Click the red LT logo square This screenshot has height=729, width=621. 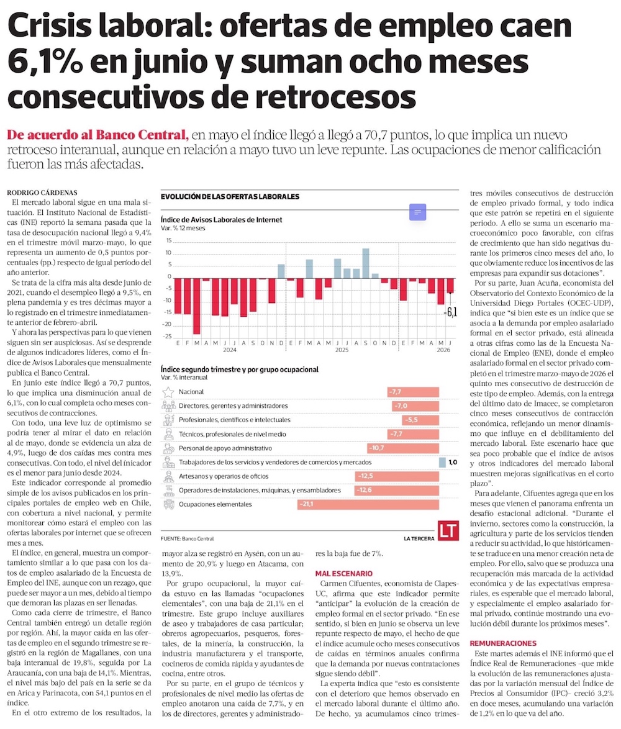pos(448,530)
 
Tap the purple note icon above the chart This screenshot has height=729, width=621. pos(417,212)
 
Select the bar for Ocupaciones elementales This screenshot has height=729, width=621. pos(368,504)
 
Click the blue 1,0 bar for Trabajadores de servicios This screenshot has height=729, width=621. pos(443,462)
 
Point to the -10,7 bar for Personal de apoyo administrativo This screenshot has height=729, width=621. pos(403,448)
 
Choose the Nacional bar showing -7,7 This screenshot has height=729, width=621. pos(413,392)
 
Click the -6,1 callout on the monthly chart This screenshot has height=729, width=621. pos(450,312)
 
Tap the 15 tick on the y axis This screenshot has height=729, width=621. pos(169,241)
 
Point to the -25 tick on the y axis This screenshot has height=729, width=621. pos(167,336)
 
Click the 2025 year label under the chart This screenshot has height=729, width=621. pos(342,350)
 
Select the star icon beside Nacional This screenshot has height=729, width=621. pos(168,392)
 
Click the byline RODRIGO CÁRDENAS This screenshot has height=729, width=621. pos(42,192)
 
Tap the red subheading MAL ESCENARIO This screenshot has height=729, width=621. pos(344,574)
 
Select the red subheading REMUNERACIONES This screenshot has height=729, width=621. pos(503,643)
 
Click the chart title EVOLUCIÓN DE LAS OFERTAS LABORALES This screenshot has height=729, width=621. pos(230,197)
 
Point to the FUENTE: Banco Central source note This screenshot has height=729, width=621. pos(188,538)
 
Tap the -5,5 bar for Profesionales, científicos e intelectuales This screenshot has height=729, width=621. pos(420,420)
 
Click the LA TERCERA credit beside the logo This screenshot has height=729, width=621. pos(419,538)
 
